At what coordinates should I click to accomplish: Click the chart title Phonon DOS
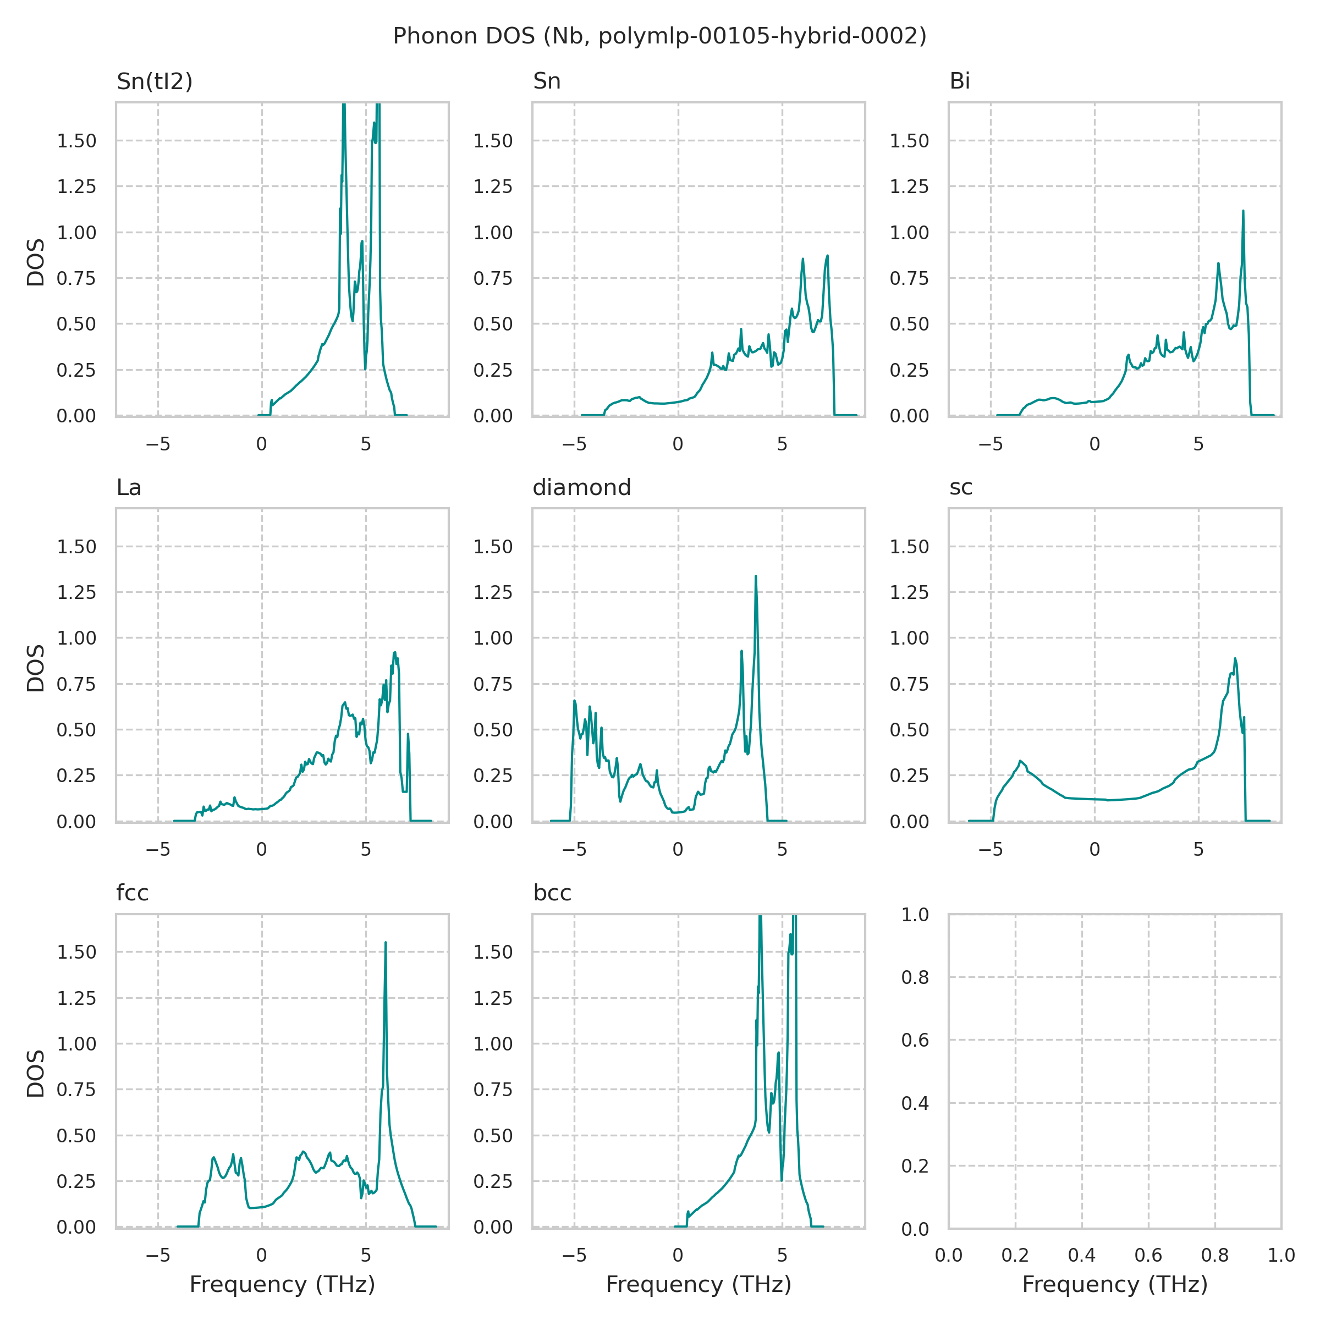point(659,36)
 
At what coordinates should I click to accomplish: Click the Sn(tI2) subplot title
point(155,81)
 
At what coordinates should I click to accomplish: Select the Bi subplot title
point(959,81)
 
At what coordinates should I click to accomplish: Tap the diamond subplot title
point(581,487)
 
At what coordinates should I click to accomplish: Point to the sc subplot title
point(961,487)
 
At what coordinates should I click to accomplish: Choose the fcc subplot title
point(132,893)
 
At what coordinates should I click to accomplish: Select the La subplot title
point(129,487)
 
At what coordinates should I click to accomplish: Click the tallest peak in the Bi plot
point(1243,212)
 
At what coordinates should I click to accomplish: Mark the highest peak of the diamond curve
point(756,576)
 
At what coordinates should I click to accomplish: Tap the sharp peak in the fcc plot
point(386,943)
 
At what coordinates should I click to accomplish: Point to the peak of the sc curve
point(1235,659)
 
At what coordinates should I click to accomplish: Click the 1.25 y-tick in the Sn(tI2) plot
point(76,186)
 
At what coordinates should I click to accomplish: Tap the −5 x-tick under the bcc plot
point(574,1255)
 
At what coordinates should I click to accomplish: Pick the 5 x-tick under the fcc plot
point(366,1255)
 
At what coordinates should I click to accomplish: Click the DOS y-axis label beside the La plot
point(36,668)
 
